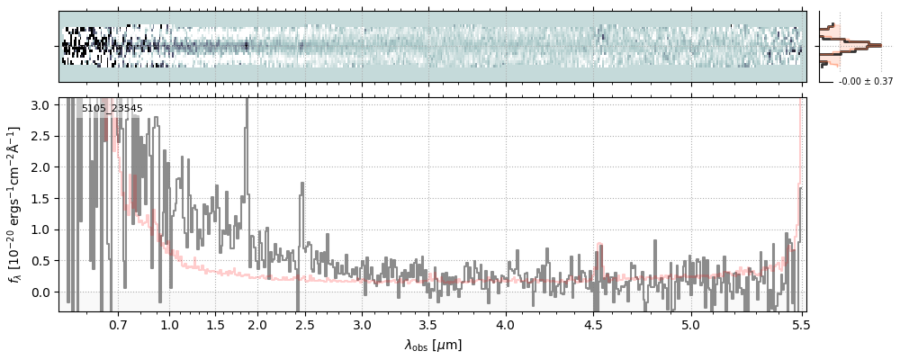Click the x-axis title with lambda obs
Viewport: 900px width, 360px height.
[x=432, y=345]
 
